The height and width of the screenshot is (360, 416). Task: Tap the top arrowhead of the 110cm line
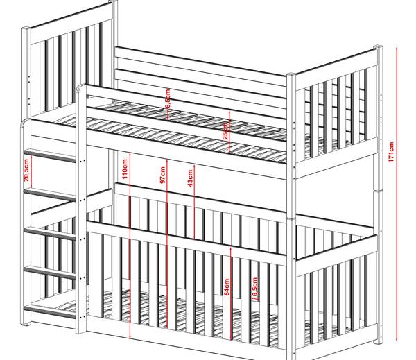(130, 151)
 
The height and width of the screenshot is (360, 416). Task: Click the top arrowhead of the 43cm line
(195, 165)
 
